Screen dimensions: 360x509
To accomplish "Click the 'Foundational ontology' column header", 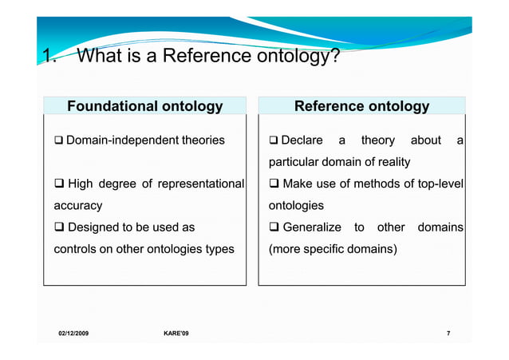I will click(x=144, y=106).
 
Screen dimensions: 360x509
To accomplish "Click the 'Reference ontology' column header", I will click(x=361, y=106).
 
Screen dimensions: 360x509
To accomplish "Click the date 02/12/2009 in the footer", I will click(x=73, y=332).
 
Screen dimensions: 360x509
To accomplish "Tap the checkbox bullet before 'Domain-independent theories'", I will click(x=58, y=140).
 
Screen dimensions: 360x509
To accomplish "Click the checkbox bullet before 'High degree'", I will click(x=59, y=184).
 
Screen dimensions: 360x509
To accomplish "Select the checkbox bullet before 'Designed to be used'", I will click(x=59, y=227).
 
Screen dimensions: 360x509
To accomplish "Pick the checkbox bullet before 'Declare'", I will click(x=274, y=140).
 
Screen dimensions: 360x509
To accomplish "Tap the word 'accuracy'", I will click(x=77, y=206).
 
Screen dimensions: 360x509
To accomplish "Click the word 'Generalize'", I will click(x=312, y=227).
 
